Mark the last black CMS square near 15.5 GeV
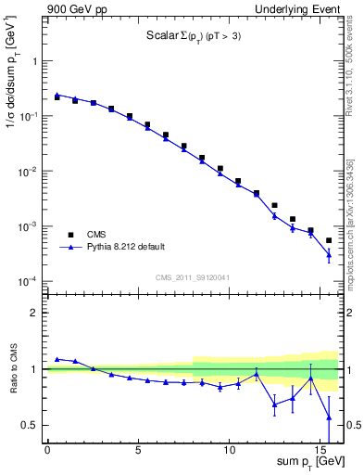pos(329,240)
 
